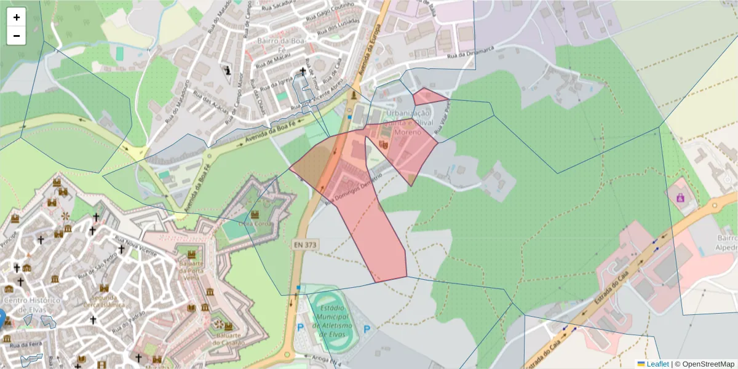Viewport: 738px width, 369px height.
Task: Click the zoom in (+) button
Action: coord(17,17)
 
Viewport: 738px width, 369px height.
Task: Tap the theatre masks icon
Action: coord(383,145)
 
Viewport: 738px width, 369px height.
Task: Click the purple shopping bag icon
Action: coord(680,197)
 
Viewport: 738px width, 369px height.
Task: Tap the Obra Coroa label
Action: coord(253,224)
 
